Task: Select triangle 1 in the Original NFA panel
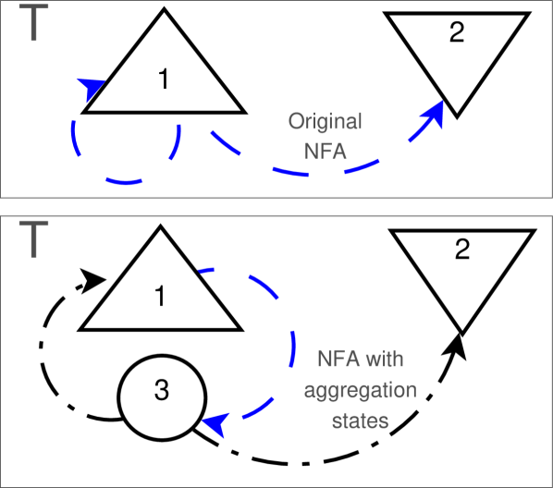pyautogui.click(x=164, y=74)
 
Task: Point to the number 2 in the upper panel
pyautogui.click(x=457, y=33)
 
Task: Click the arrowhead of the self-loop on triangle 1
pyautogui.click(x=90, y=89)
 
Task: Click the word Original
pyautogui.click(x=325, y=122)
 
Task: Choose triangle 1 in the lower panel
pyautogui.click(x=160, y=291)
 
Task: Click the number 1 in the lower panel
pyautogui.click(x=160, y=297)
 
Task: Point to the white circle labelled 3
pyautogui.click(x=162, y=397)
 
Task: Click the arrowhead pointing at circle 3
pyautogui.click(x=214, y=424)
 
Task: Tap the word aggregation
pyautogui.click(x=361, y=389)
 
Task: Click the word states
pyautogui.click(x=361, y=420)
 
